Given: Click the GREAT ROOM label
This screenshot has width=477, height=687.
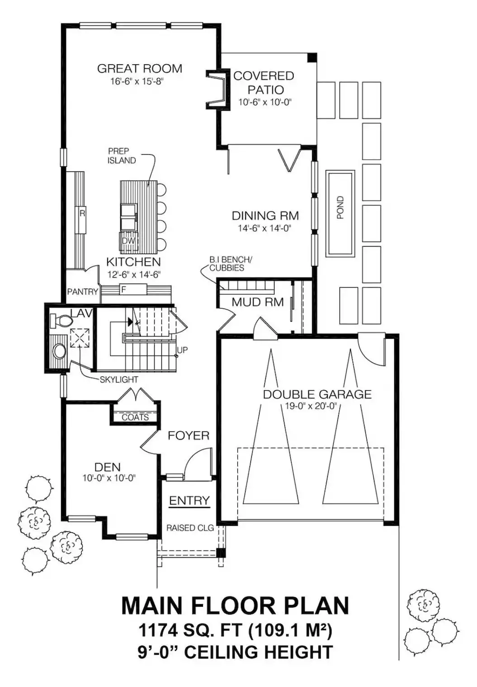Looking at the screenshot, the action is click(139, 68).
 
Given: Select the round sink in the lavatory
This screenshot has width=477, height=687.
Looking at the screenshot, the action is click(59, 351).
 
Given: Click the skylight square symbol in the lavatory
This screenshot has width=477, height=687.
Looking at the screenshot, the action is click(80, 338).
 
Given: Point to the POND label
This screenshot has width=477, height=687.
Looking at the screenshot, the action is click(340, 208).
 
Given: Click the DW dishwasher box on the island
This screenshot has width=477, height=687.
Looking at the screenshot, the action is click(128, 241).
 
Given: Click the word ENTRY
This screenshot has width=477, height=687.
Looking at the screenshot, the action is click(189, 501).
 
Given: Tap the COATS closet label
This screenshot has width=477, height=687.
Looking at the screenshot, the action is click(135, 417).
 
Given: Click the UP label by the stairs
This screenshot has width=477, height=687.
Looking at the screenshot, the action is click(182, 350).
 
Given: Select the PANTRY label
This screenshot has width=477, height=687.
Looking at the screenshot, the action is click(82, 291).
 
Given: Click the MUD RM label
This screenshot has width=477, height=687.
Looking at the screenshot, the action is click(258, 303).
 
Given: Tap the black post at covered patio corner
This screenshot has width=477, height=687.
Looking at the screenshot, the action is click(312, 57).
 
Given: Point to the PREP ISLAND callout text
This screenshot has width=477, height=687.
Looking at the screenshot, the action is click(121, 156).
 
